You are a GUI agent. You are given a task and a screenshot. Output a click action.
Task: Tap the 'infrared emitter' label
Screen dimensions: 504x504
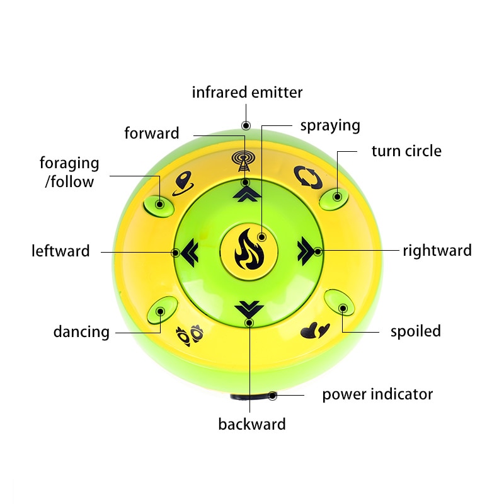pyautogui.click(x=247, y=93)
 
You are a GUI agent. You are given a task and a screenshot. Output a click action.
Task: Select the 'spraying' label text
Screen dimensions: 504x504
pyautogui.click(x=330, y=125)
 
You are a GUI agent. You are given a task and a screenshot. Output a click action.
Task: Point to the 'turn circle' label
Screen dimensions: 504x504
pyautogui.click(x=406, y=151)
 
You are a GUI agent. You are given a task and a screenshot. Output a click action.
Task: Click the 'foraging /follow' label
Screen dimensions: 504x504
pyautogui.click(x=69, y=173)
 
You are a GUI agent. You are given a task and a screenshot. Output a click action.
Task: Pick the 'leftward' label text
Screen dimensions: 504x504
pyautogui.click(x=60, y=251)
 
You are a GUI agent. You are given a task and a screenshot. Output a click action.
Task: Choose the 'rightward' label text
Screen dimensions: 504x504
pyautogui.click(x=437, y=251)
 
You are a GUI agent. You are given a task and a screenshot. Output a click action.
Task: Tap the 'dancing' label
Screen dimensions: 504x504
pyautogui.click(x=81, y=331)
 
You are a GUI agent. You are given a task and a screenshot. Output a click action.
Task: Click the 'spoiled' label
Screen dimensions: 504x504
pyautogui.click(x=415, y=331)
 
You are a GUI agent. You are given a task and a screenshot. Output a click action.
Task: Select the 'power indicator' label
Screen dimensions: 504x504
pyautogui.click(x=377, y=395)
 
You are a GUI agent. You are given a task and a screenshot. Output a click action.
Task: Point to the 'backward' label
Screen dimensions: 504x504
pyautogui.click(x=252, y=424)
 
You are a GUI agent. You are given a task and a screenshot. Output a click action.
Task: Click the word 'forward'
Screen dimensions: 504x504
pyautogui.click(x=152, y=134)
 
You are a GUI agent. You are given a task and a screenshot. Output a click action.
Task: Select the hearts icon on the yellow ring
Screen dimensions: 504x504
pyautogui.click(x=315, y=330)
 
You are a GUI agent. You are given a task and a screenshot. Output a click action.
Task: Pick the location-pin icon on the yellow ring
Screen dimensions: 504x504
pyautogui.click(x=182, y=183)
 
